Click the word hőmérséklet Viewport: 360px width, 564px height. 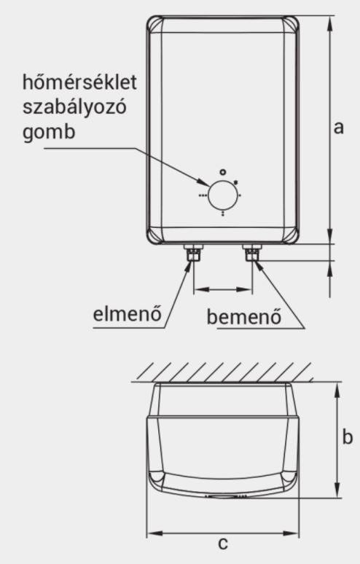[x=79, y=82]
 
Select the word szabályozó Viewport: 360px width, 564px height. [x=75, y=107]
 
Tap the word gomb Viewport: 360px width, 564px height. [x=49, y=133]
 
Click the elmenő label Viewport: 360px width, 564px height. [x=128, y=314]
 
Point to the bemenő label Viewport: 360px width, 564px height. [x=244, y=316]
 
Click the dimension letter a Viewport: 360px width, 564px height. [x=338, y=128]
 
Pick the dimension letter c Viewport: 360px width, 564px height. [x=223, y=543]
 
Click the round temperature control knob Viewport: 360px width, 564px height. [x=223, y=195]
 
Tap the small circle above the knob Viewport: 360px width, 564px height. [x=223, y=172]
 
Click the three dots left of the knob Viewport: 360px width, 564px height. [x=203, y=196]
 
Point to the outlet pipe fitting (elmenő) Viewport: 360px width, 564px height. [x=194, y=254]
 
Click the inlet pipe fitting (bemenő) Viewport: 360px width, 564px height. [x=252, y=254]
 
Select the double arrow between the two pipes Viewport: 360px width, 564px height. [x=222, y=289]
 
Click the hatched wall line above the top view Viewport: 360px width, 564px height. [x=222, y=380]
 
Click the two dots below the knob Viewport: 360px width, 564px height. [x=223, y=214]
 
